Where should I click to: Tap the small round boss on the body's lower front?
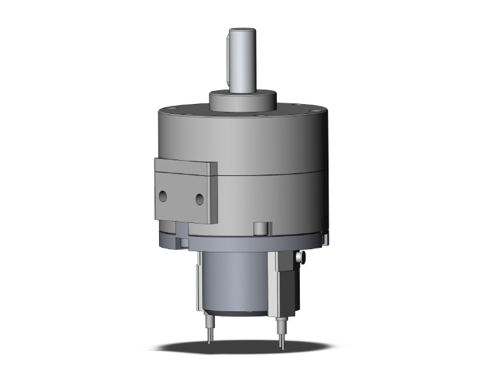point(262,228)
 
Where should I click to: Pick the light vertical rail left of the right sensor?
point(271,281)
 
